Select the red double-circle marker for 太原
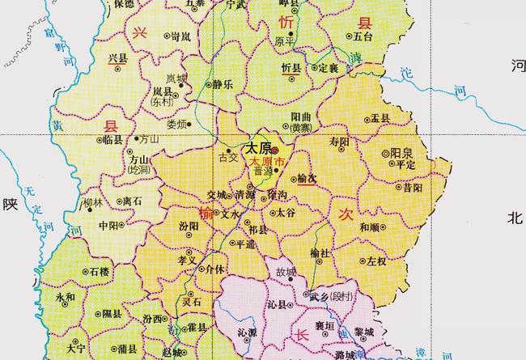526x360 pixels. pos(275,150)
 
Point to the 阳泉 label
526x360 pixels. pos(402,153)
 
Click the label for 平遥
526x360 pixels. pos(244,243)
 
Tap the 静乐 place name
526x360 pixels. pos(223,83)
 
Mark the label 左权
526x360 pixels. pos(376,261)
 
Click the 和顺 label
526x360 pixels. pos(371,227)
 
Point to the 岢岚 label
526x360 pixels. pos(180,37)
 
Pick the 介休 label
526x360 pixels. pos(214,268)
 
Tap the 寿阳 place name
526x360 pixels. pos(339,142)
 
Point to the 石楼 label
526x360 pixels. pos(99,272)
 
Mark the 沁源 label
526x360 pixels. pos(247,332)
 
